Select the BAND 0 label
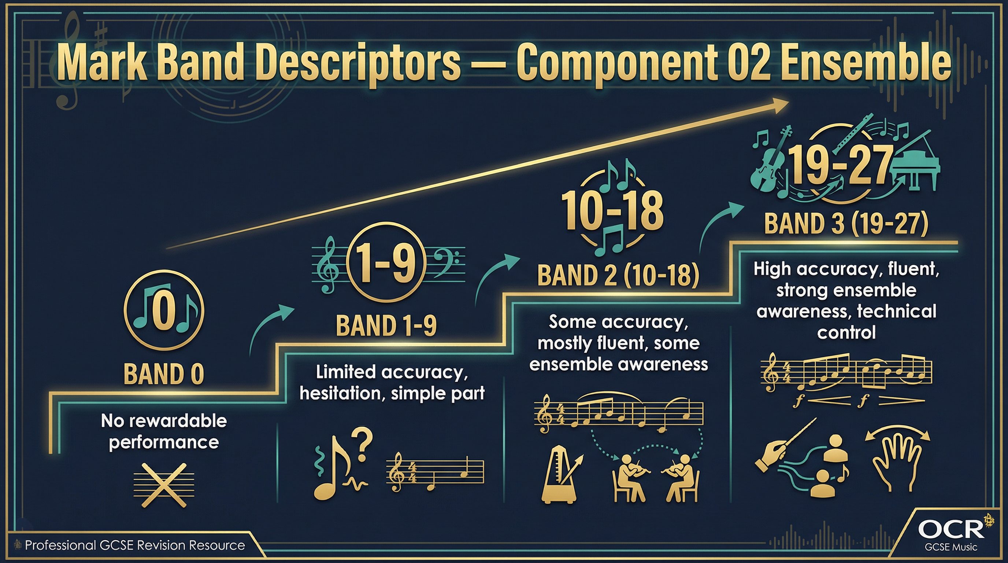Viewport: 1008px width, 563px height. click(x=164, y=374)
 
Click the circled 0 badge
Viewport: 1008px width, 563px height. click(x=164, y=310)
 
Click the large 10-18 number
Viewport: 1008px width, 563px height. click(x=612, y=211)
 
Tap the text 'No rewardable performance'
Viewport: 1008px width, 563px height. click(x=164, y=431)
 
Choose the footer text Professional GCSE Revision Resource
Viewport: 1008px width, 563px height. click(x=135, y=545)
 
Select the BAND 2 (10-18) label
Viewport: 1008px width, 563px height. click(x=618, y=275)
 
